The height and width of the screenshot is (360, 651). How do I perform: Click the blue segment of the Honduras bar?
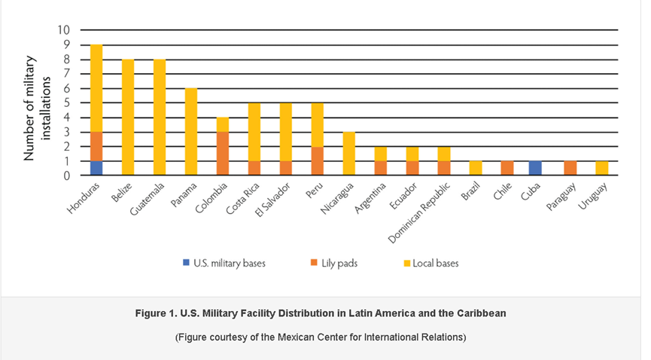click(x=96, y=168)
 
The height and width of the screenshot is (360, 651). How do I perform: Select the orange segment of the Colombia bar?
click(x=223, y=154)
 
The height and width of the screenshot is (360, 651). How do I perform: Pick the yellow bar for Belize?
click(x=128, y=117)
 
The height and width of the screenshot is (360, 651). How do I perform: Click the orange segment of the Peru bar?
click(x=318, y=161)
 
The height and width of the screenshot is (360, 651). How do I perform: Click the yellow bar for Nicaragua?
click(x=349, y=154)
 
